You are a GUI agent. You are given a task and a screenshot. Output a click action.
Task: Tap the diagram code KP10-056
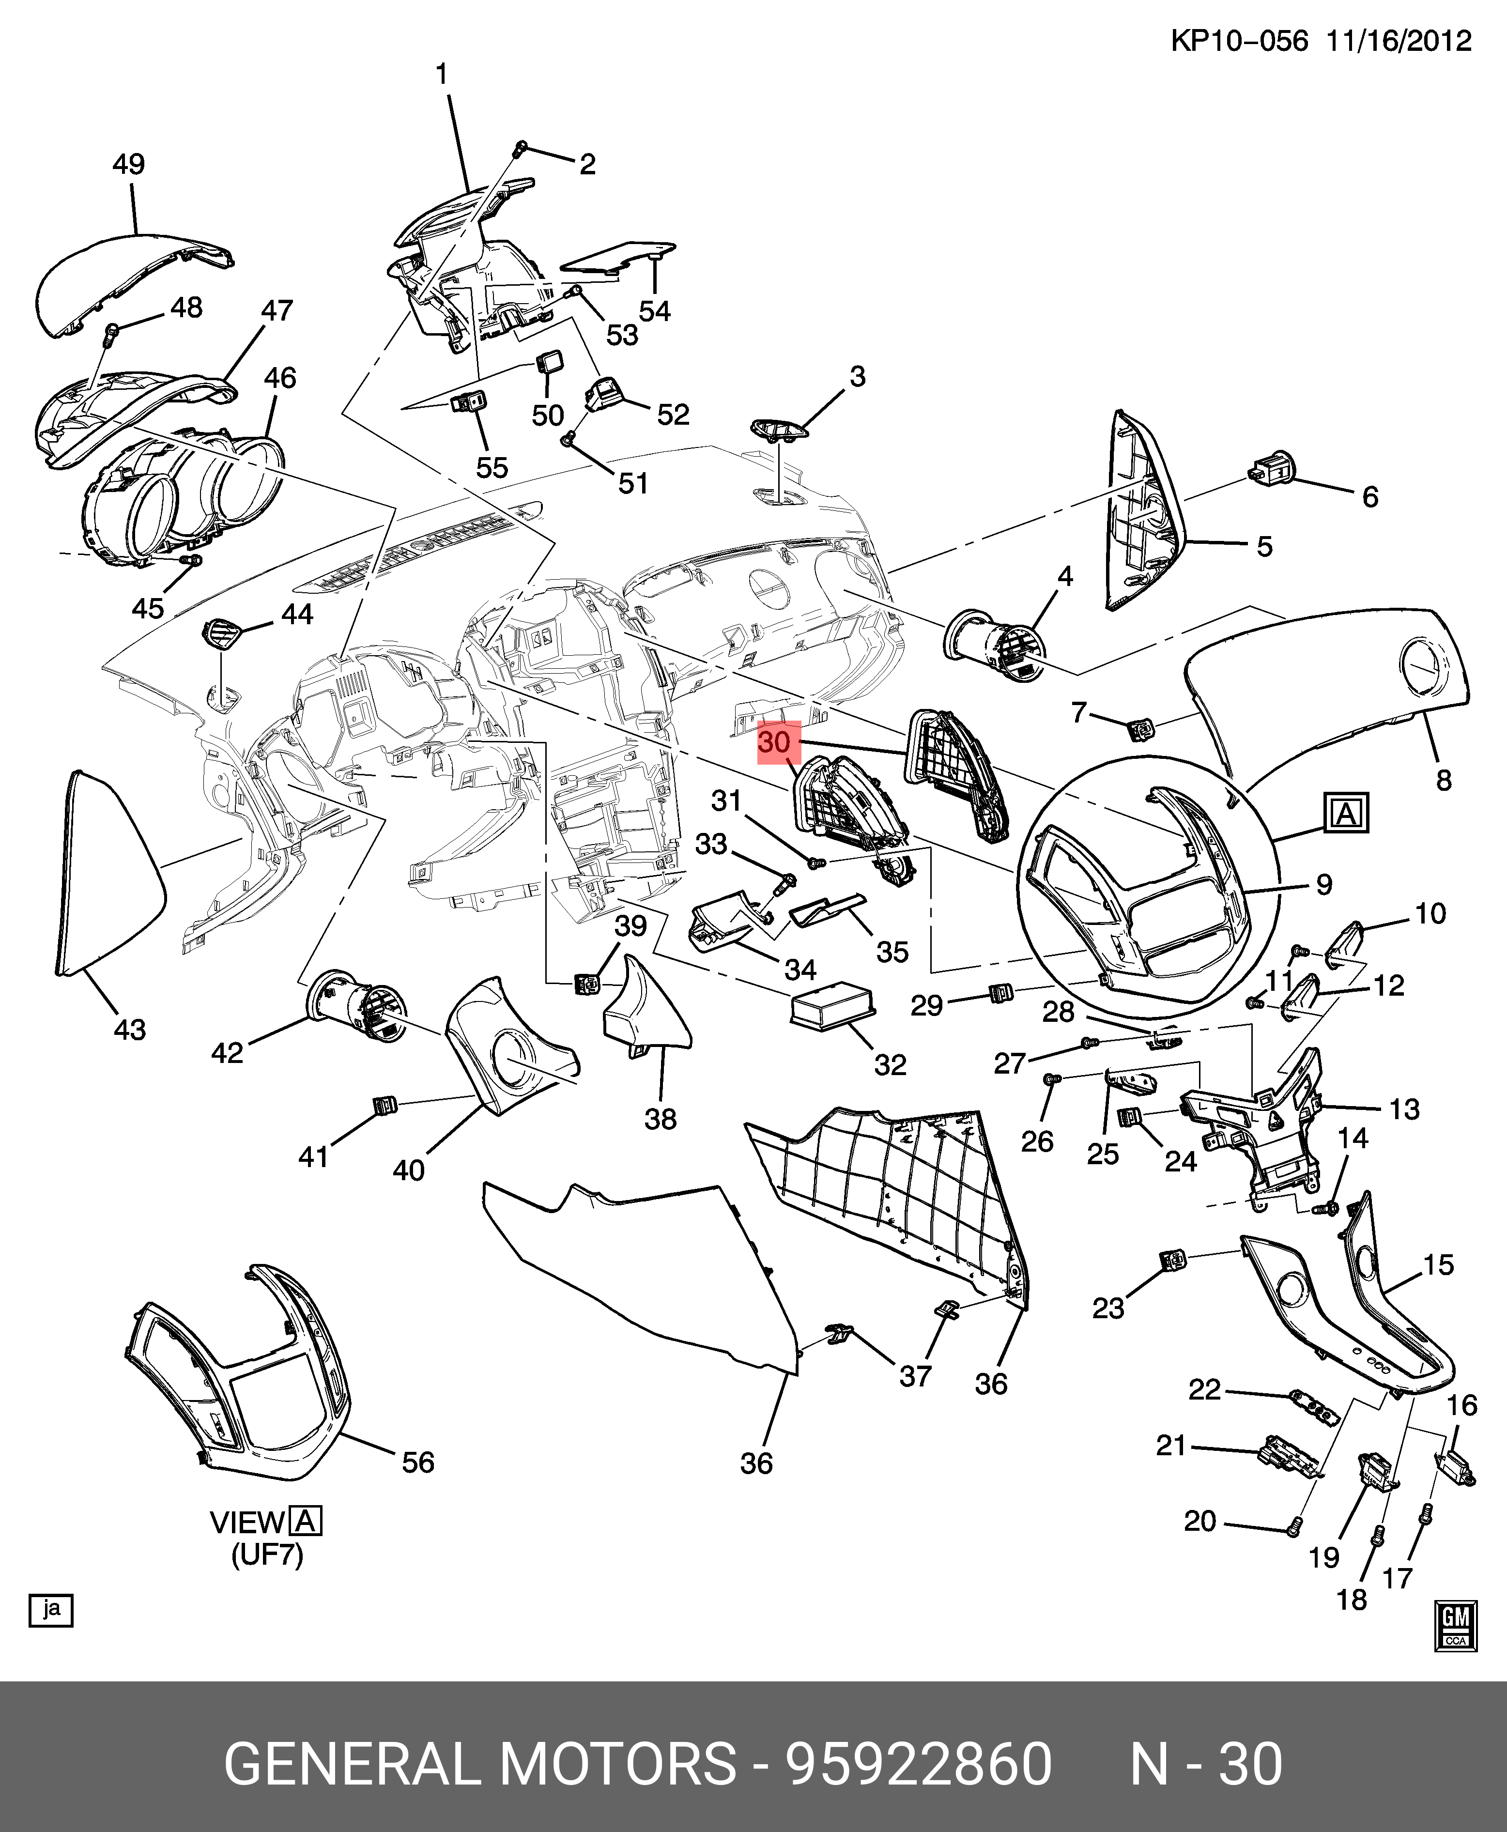point(1239,41)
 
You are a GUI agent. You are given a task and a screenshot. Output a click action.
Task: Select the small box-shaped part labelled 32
point(831,1005)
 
